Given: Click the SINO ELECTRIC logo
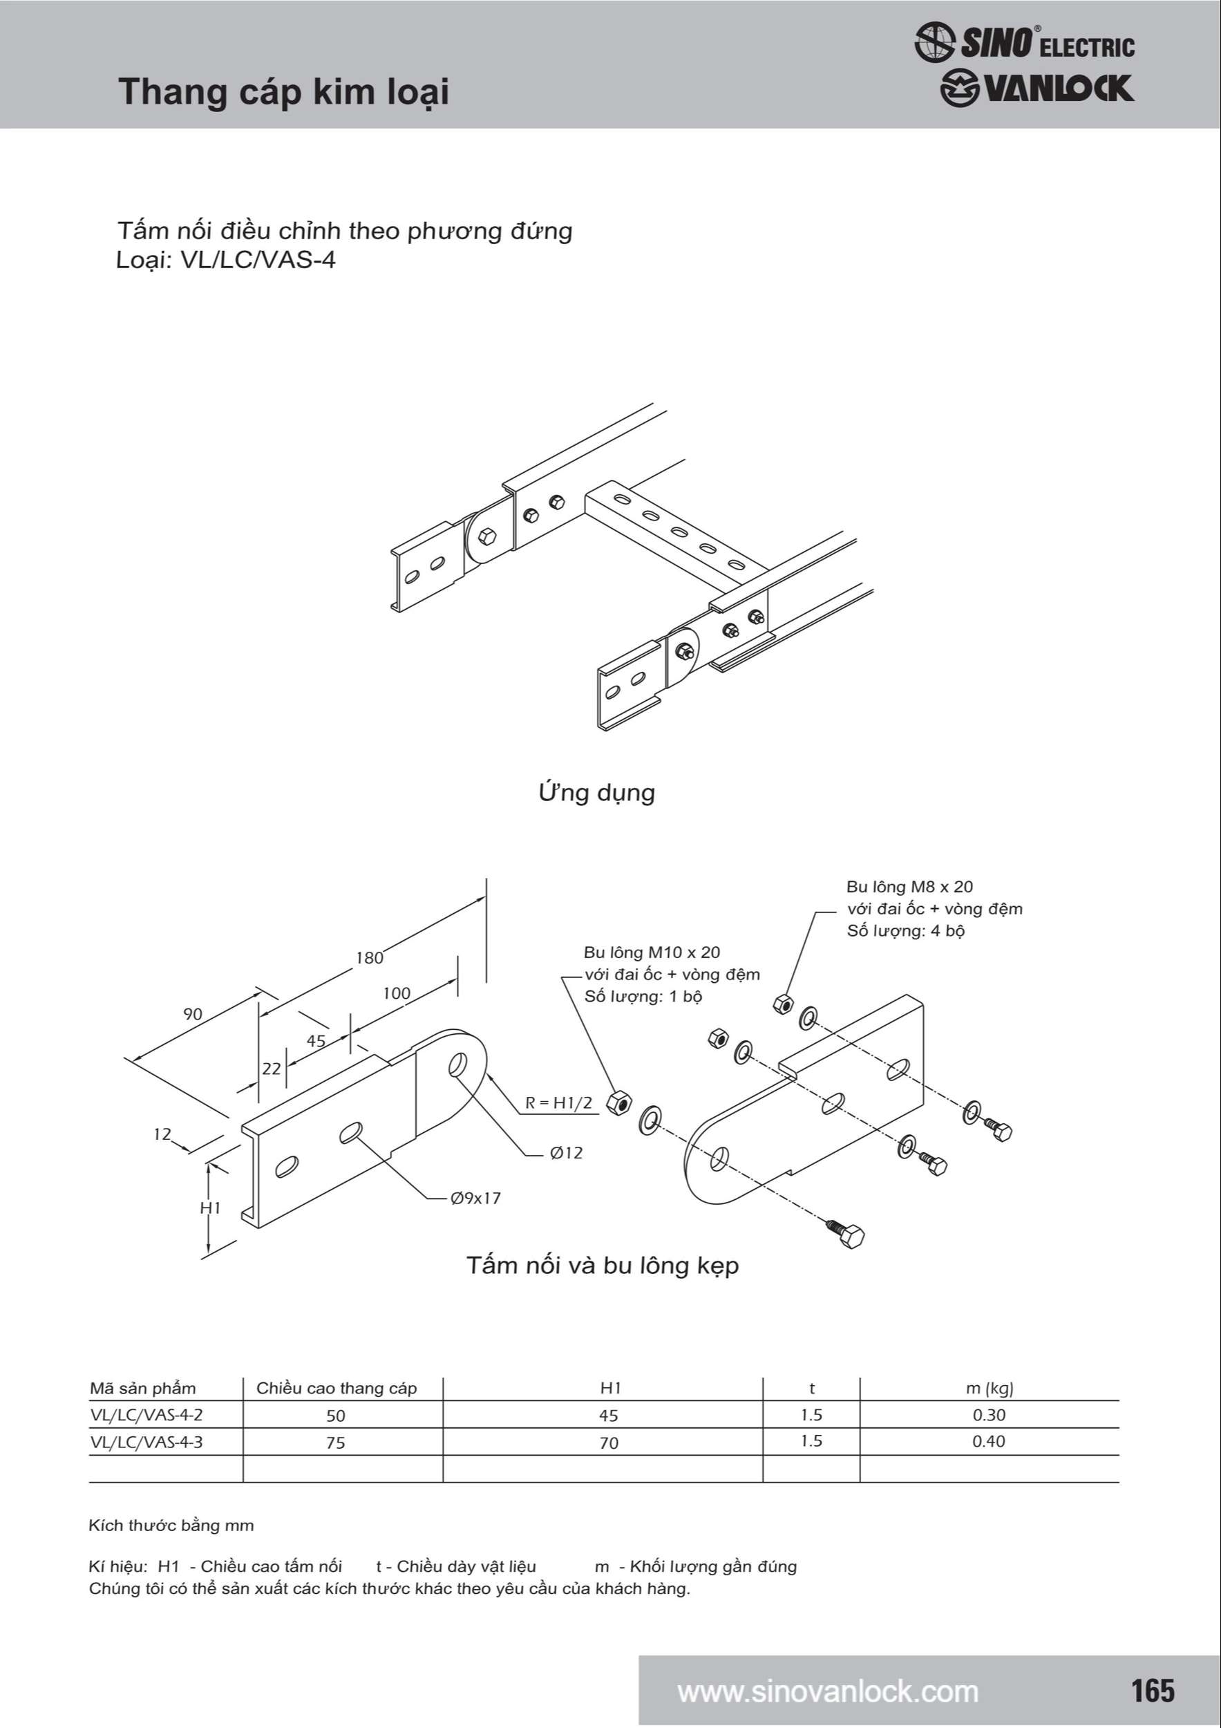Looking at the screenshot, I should [x=1025, y=42].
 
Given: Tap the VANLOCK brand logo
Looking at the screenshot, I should [x=1037, y=88].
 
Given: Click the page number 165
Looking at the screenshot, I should [x=1153, y=1691].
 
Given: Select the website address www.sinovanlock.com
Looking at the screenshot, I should [x=828, y=1692].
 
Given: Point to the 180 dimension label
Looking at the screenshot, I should [x=370, y=958].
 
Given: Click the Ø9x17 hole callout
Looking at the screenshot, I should [x=475, y=1198].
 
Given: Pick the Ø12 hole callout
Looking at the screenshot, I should [x=566, y=1153].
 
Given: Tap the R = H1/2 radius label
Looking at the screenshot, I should [x=558, y=1103].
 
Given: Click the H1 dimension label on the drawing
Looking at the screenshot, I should [x=210, y=1208].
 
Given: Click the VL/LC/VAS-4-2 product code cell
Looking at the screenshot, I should [x=146, y=1415].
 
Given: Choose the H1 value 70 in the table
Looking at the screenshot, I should [x=609, y=1442].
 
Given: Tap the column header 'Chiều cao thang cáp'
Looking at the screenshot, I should [x=337, y=1389].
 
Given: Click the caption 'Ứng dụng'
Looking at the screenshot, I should [x=596, y=793].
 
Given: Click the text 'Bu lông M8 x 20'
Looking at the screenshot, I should [x=909, y=887].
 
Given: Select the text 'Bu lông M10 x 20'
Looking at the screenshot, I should [x=652, y=952].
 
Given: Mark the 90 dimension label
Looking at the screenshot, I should [x=193, y=1014].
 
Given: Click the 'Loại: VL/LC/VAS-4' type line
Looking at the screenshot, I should [x=226, y=261].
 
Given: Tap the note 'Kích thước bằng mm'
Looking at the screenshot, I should [x=171, y=1525].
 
